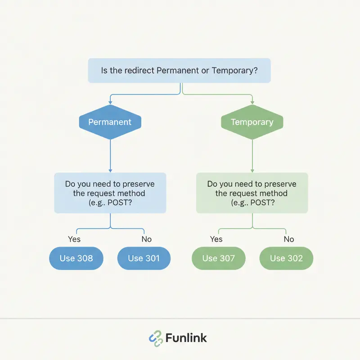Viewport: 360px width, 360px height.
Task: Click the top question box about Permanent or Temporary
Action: tap(179, 70)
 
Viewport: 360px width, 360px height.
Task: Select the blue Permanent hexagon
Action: tap(110, 122)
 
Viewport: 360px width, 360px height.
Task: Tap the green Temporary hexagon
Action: tap(252, 122)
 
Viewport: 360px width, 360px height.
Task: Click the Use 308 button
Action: tap(76, 258)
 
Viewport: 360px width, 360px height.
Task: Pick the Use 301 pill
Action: tap(144, 258)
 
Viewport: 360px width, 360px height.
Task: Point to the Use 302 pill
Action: tap(286, 258)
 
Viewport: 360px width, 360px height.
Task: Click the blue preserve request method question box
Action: tap(110, 193)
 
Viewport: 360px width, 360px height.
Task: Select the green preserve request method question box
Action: tap(252, 193)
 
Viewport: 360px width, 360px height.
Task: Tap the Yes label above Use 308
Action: tap(74, 239)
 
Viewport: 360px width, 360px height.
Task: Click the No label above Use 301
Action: tap(146, 239)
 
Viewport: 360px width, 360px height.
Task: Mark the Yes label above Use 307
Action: tap(216, 239)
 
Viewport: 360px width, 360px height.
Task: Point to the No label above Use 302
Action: tap(289, 239)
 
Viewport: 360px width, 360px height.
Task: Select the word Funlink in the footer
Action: tap(186, 338)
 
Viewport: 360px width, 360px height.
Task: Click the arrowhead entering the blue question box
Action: tap(110, 170)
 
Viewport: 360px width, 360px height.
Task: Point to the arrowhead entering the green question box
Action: tap(252, 170)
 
